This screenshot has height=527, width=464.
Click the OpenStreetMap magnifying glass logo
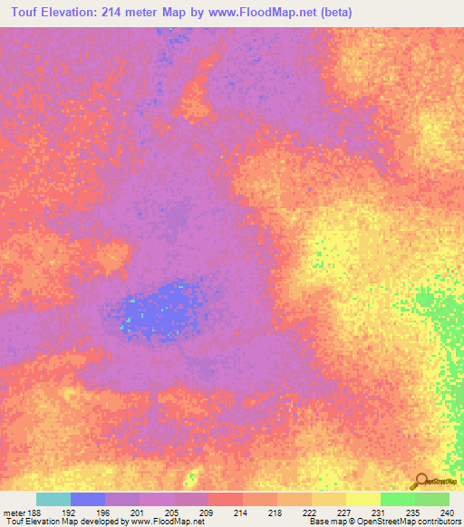pos(419,481)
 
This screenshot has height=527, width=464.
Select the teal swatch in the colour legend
pos(53,499)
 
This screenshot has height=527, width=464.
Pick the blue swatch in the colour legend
pos(88,499)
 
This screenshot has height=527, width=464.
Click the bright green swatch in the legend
pos(398,499)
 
